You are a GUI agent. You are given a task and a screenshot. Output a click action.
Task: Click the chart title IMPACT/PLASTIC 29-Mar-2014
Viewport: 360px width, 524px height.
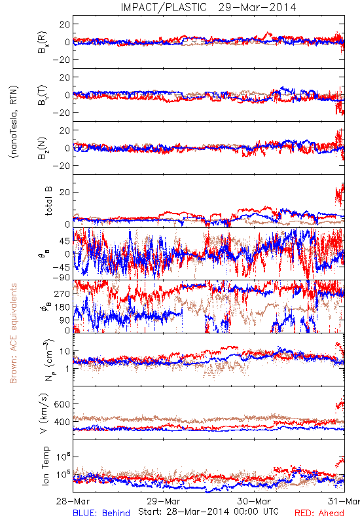coord(208,7)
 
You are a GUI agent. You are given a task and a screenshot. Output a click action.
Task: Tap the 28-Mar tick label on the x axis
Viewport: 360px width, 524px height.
coord(73,501)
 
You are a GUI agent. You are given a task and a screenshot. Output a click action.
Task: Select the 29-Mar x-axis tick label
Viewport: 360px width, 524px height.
coord(164,501)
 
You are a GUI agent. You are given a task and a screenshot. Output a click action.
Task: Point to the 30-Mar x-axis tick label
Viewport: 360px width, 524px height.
coord(254,501)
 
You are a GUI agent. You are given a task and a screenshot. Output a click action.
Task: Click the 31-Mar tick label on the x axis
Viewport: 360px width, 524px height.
coord(344,501)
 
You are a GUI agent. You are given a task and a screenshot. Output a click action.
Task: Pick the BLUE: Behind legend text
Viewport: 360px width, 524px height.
coord(101,513)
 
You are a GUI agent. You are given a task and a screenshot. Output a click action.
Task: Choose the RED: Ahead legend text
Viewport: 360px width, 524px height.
coord(319,513)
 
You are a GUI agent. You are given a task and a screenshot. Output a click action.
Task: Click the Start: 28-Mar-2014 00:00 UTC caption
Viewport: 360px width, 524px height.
coord(208,512)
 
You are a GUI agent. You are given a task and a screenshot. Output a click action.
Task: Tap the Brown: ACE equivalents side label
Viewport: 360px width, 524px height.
coord(13,333)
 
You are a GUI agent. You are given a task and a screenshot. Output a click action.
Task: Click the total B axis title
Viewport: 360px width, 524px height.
coord(48,201)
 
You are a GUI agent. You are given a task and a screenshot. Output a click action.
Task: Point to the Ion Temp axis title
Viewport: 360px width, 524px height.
coord(45,466)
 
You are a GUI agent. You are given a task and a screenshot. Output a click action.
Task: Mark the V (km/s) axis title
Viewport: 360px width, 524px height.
coord(44,413)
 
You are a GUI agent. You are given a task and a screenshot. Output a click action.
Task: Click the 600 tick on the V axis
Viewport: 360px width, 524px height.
coord(62,404)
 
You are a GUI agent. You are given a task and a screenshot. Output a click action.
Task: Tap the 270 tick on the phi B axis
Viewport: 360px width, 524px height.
coord(62,293)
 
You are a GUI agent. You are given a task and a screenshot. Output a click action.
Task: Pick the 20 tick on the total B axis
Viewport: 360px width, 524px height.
coord(64,193)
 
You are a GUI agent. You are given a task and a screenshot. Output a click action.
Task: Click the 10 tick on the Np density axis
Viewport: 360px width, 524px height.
coord(65,351)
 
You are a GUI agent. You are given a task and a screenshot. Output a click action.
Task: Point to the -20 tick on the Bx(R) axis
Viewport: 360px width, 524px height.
coord(61,60)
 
